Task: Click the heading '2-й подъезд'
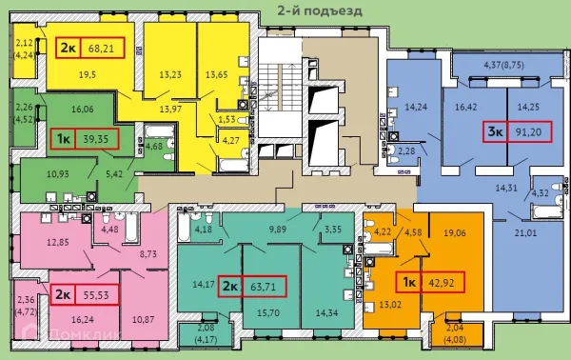[320, 10]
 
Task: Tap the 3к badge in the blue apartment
[496, 132]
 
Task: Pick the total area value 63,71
[261, 285]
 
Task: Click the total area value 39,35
[92, 139]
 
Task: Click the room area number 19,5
[63, 73]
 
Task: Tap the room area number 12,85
[58, 243]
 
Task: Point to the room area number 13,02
[419, 306]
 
